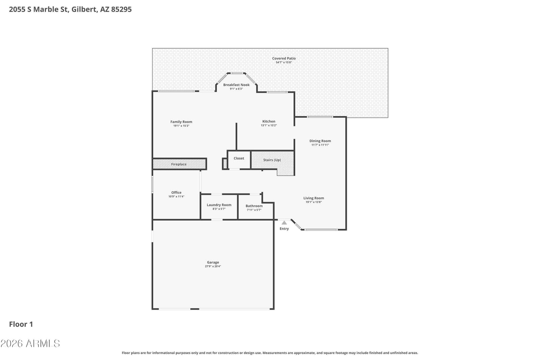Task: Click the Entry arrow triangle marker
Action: tap(284, 223)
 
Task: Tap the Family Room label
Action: tap(181, 122)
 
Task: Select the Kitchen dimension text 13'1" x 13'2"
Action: tap(269, 125)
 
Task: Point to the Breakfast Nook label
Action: tap(236, 85)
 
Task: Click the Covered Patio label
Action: tap(284, 58)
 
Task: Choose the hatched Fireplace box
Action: tap(179, 164)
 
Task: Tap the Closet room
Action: tap(239, 160)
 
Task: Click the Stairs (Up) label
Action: tap(272, 160)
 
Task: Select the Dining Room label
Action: tap(320, 141)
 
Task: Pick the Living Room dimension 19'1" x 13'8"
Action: tap(314, 202)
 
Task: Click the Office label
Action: tap(176, 192)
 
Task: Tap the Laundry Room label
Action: tap(219, 205)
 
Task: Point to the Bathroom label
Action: tap(254, 206)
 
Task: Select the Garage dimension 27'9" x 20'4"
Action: tap(213, 266)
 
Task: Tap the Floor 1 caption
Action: tap(21, 324)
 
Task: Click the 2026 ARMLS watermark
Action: tap(30, 343)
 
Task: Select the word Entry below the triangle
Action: tap(284, 229)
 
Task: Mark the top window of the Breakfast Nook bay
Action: tap(237, 73)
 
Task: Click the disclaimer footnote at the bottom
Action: tap(270, 353)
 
